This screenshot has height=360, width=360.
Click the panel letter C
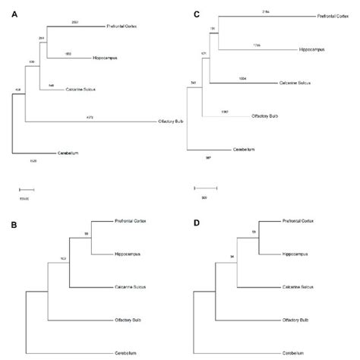(197, 13)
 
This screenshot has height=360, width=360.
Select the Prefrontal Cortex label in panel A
(128, 27)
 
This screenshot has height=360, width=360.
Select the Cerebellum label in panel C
(257, 150)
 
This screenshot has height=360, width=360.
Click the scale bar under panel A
(27, 188)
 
